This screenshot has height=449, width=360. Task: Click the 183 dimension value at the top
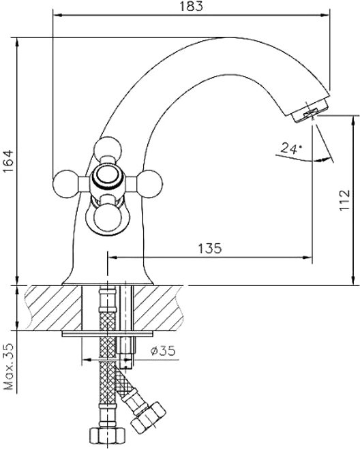click(x=191, y=6)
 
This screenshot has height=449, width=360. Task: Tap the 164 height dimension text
click(x=9, y=161)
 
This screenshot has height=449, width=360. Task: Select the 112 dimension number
click(x=344, y=200)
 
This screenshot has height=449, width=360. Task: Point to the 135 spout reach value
click(x=210, y=248)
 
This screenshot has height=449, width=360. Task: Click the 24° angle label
click(x=291, y=149)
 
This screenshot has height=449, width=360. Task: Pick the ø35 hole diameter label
click(x=163, y=350)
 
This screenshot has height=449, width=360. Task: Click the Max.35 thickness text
click(x=10, y=367)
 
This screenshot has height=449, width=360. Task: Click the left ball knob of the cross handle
click(x=66, y=183)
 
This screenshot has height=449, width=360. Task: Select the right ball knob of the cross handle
click(x=149, y=183)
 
